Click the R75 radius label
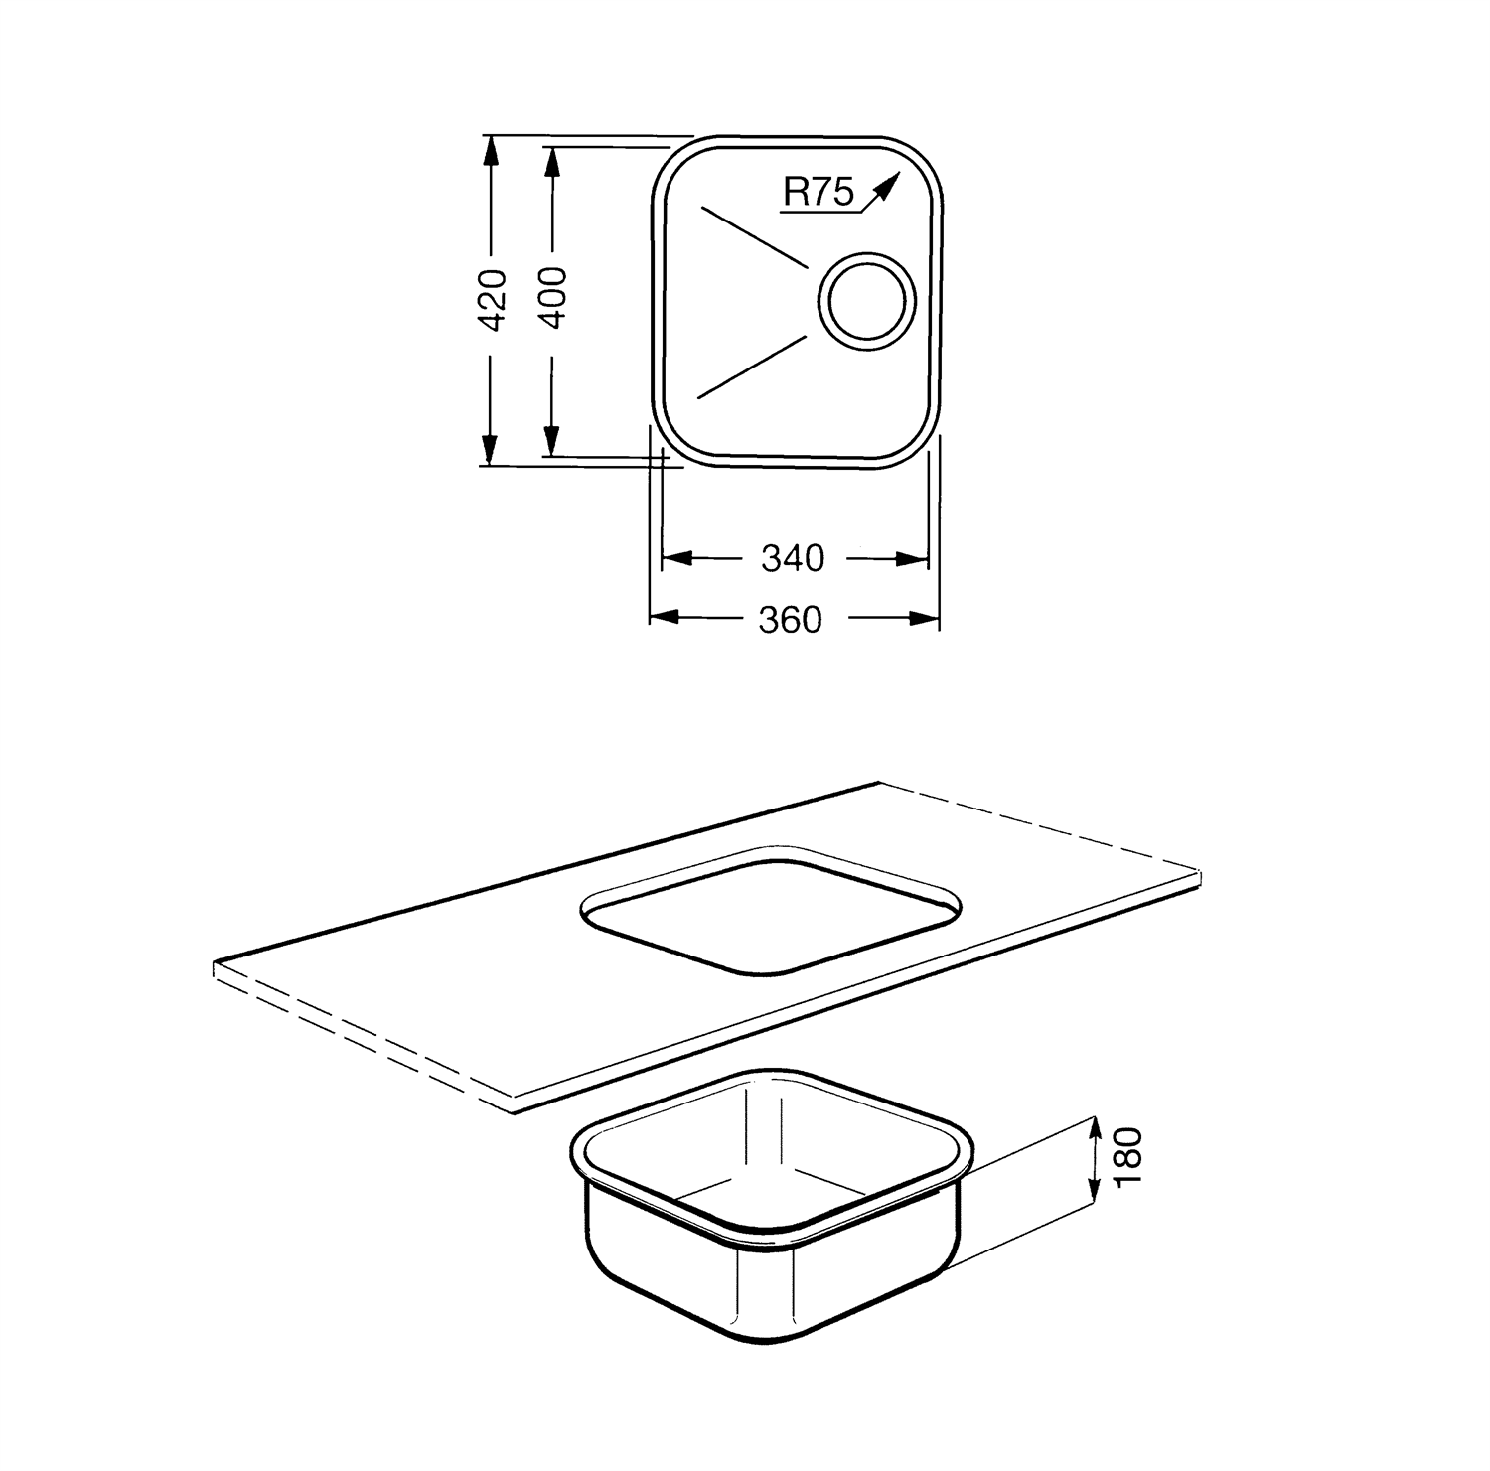click(818, 191)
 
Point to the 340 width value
click(793, 559)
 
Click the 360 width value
click(791, 620)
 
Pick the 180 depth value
click(1129, 1156)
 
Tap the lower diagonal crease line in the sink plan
click(751, 367)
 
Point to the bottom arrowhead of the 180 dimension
click(1095, 1196)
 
